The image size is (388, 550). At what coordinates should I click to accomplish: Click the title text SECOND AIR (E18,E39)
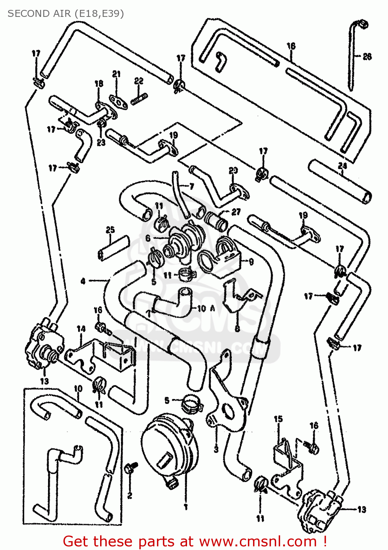click(66, 14)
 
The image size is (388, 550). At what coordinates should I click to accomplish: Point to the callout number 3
click(216, 449)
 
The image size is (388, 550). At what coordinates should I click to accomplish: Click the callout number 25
click(110, 230)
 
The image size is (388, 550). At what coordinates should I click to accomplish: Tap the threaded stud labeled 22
click(139, 98)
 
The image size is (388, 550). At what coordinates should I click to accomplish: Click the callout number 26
click(367, 56)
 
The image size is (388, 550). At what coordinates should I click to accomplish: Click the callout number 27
click(236, 212)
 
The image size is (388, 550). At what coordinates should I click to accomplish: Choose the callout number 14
click(81, 329)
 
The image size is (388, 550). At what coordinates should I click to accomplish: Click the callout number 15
click(278, 419)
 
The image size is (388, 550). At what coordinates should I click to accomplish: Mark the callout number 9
click(251, 262)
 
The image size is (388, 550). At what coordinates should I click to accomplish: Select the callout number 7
click(191, 187)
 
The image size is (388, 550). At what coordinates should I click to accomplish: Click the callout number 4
click(83, 281)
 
